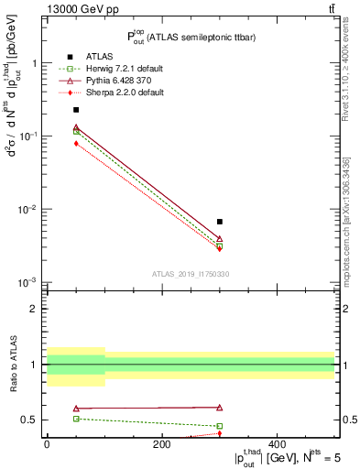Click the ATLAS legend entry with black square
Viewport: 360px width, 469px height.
point(87,54)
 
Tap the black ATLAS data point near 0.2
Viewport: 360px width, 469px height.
point(76,110)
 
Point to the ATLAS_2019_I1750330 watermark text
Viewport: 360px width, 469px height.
point(190,274)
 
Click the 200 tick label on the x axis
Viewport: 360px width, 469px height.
point(162,445)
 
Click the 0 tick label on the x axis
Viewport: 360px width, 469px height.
point(47,445)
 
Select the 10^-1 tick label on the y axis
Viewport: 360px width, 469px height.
point(29,136)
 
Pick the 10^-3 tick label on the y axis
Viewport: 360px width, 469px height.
point(29,281)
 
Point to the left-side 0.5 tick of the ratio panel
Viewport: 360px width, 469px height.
point(31,420)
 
